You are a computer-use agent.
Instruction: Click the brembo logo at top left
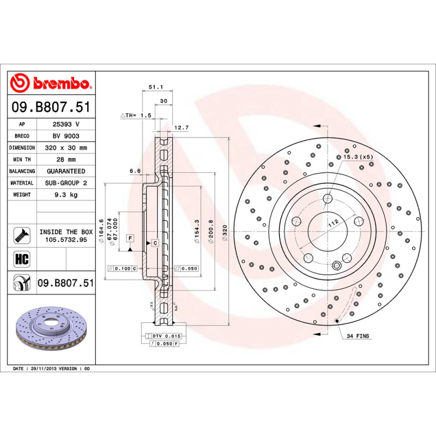51,83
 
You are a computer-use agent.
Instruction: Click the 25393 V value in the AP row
66,124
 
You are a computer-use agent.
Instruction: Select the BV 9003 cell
66,136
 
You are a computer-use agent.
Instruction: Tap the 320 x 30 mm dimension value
66,148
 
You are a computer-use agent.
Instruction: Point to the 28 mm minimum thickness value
66,160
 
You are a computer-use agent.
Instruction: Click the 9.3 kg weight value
66,195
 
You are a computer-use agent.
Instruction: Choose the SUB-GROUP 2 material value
66,183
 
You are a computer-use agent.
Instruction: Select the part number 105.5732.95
66,239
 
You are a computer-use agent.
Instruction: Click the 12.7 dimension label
181,128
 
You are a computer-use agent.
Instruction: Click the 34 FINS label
358,336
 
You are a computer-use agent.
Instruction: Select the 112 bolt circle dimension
333,222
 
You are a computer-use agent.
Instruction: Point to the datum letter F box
130,238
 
